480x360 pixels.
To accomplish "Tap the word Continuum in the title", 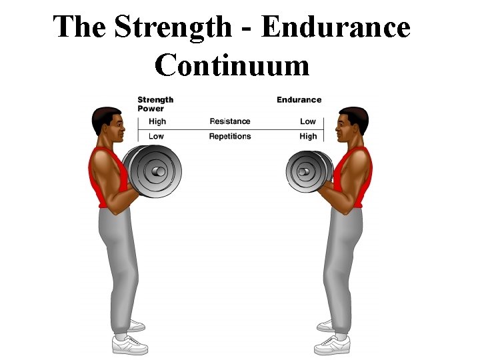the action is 232,65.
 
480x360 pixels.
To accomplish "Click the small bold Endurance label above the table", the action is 299,100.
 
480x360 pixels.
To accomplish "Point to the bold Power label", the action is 151,109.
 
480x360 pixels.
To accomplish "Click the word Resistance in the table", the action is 230,121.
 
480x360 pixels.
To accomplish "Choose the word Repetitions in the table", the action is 230,136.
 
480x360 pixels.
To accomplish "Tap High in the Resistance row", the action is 157,121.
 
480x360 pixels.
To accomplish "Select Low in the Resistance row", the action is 307,121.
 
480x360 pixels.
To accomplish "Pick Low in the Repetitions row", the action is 156,136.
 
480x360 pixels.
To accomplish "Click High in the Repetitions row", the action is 308,136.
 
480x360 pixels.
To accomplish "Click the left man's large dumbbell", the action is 156,171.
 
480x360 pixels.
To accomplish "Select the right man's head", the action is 353,126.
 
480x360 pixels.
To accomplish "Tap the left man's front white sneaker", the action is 129,345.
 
